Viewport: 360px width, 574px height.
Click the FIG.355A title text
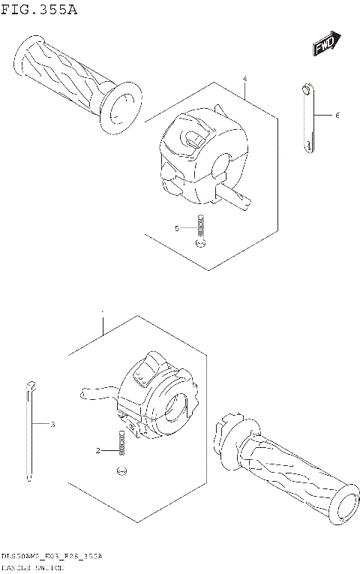(x=38, y=10)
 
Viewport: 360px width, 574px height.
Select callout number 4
(x=245, y=79)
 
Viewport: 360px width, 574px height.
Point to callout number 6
(x=337, y=116)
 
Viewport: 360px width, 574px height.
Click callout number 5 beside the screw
(x=178, y=228)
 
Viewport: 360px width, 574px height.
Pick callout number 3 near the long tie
(x=52, y=425)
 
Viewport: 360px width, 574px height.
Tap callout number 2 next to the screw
(x=97, y=451)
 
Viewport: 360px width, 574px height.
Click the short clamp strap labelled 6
(x=307, y=118)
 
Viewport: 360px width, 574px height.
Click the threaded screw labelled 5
(x=200, y=228)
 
